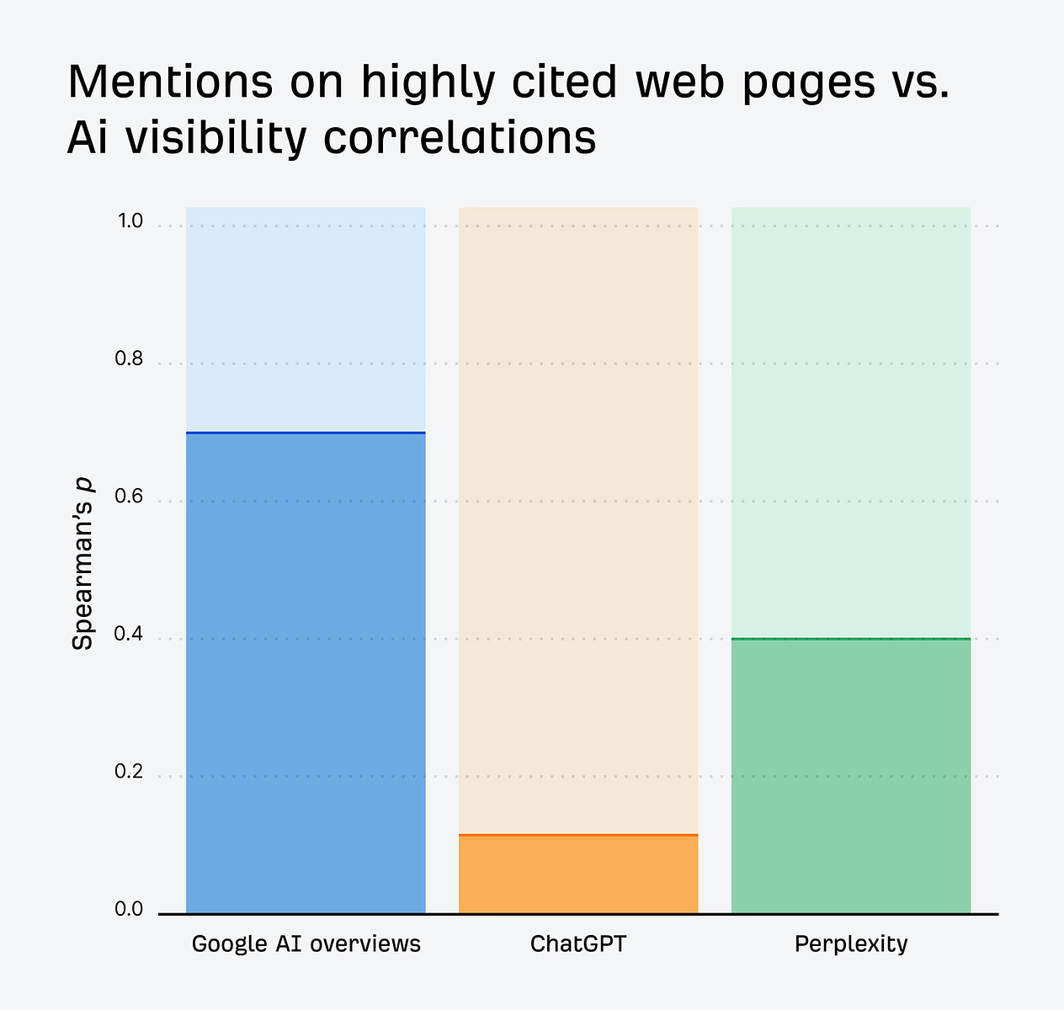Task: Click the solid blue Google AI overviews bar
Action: point(306,673)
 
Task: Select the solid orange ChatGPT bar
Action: point(578,874)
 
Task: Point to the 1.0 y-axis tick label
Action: point(130,221)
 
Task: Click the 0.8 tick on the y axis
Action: point(130,359)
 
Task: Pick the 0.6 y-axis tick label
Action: point(130,497)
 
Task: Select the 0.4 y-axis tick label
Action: point(130,635)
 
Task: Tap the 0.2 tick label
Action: point(130,773)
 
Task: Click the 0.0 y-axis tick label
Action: point(130,910)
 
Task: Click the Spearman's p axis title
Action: point(82,563)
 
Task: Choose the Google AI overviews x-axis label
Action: point(306,944)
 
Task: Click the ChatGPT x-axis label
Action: point(578,944)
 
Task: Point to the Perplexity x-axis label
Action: point(850,944)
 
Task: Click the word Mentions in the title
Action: point(169,82)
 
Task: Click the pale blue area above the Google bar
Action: point(306,320)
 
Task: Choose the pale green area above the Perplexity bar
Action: point(850,421)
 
